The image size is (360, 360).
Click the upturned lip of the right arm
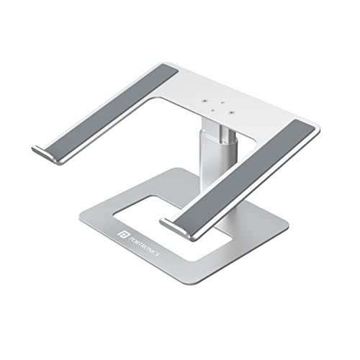pos(173,229)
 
